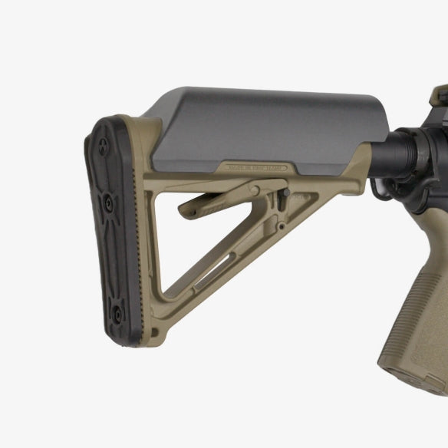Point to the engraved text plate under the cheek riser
252,166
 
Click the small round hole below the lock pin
283,227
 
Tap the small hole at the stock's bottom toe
160,332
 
